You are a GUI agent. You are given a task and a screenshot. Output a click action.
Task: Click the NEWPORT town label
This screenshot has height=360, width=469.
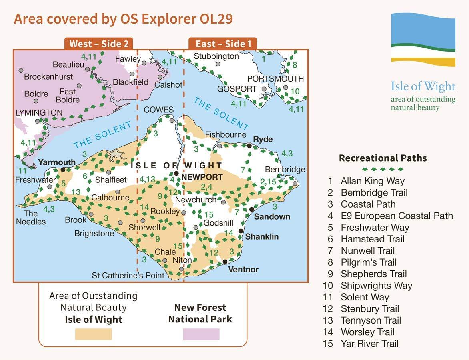tap(202, 177)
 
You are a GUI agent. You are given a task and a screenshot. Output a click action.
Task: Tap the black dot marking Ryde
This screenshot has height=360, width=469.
tap(249, 146)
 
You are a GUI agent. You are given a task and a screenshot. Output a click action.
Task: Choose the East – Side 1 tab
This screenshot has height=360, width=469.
tap(223, 44)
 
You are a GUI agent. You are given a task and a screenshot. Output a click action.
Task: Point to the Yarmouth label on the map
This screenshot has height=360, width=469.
tap(56, 162)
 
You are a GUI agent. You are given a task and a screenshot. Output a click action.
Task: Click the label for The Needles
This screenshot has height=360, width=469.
tap(31, 218)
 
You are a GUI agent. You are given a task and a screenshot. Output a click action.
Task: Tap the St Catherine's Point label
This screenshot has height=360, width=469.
tap(128, 275)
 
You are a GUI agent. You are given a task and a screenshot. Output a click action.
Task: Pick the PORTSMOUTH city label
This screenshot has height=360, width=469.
tap(275, 78)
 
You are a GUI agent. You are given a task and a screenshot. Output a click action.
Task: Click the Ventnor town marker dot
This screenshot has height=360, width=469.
tap(225, 262)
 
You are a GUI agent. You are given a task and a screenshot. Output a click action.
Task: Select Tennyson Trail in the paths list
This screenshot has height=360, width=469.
tap(371, 320)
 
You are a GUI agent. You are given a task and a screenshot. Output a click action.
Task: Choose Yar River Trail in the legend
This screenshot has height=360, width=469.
tap(369, 344)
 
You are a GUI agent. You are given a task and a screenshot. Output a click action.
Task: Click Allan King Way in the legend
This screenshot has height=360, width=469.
tap(372, 181)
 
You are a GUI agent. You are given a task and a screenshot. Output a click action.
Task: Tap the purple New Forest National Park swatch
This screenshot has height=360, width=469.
tap(201, 334)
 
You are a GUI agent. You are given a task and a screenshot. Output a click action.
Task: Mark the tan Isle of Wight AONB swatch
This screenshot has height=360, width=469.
tap(93, 334)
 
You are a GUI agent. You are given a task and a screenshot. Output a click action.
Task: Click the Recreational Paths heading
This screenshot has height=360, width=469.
tap(383, 158)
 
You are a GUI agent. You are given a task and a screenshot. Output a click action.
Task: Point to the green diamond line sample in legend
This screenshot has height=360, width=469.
tap(383, 169)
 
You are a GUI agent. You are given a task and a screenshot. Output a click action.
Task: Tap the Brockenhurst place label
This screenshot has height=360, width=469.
tap(48, 76)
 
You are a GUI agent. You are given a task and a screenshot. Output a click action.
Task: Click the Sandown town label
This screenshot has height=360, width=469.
tap(272, 216)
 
